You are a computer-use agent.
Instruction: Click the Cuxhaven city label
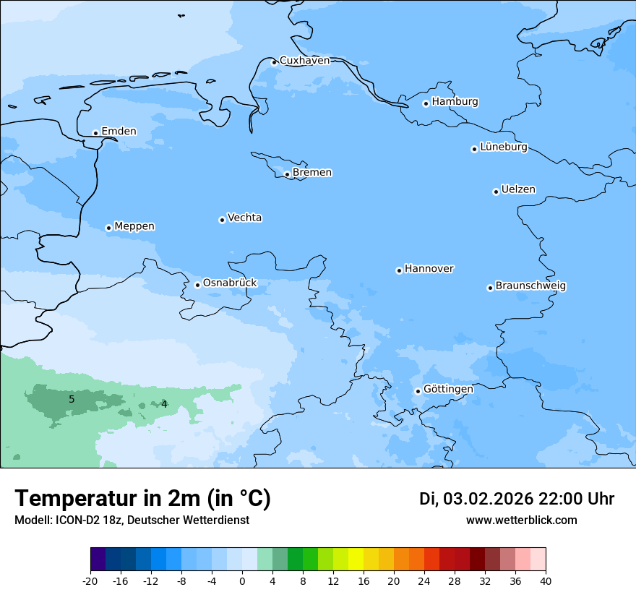[304, 61]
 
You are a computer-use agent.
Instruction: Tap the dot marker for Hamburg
[426, 103]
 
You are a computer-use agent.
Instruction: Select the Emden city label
[119, 132]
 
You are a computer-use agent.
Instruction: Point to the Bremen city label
[312, 173]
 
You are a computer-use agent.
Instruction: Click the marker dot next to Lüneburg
[475, 149]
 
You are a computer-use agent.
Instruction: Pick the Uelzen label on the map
[518, 190]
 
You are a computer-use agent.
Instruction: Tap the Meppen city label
[134, 226]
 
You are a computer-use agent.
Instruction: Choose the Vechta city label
[244, 218]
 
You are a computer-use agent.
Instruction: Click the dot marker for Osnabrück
[197, 285]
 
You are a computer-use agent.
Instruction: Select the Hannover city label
[429, 269]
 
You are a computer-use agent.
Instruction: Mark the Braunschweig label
[530, 286]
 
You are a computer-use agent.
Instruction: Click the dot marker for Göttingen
[418, 391]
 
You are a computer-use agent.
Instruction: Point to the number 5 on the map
[72, 399]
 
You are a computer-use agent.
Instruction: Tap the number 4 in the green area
[164, 404]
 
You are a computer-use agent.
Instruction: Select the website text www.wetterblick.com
[521, 520]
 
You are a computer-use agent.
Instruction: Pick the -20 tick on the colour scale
[90, 581]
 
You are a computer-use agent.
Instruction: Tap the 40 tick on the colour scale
[546, 581]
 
